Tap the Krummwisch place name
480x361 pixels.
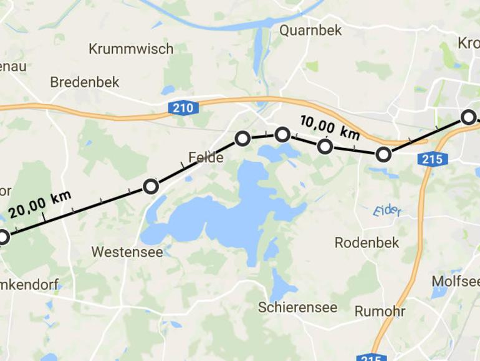point(131,49)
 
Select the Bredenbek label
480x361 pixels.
point(85,82)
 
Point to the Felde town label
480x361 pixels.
point(206,157)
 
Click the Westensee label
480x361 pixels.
point(127,252)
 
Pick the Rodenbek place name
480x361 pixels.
point(367,242)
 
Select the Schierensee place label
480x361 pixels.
point(298,307)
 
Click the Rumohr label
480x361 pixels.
point(380,311)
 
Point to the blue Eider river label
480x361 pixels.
point(386,211)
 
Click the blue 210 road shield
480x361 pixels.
point(183,108)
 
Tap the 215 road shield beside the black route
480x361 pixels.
point(432,159)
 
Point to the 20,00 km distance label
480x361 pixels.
point(39,202)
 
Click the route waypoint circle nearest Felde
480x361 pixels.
point(242,139)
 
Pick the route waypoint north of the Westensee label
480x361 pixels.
point(151,186)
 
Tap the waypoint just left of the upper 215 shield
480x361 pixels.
point(383,154)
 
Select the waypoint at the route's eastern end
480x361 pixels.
point(468,117)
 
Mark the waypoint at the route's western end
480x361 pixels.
point(3,237)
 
